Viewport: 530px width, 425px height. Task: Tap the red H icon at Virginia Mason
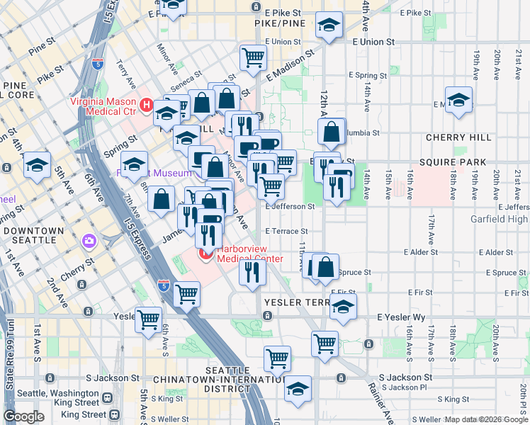[x=147, y=106]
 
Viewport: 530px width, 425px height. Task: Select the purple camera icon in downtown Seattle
[x=89, y=242]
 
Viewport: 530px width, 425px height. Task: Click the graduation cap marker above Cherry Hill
[x=458, y=99]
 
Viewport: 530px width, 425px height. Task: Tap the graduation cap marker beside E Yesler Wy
[x=343, y=307]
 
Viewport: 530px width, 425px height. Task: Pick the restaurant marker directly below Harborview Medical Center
[x=252, y=271]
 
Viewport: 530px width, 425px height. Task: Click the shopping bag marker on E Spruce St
[x=325, y=268]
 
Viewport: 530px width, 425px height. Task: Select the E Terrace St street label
[x=286, y=231]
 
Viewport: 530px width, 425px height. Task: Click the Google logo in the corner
[x=23, y=416]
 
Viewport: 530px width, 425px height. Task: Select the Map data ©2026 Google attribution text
[x=486, y=419]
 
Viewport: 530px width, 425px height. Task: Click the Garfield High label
[x=500, y=219]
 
